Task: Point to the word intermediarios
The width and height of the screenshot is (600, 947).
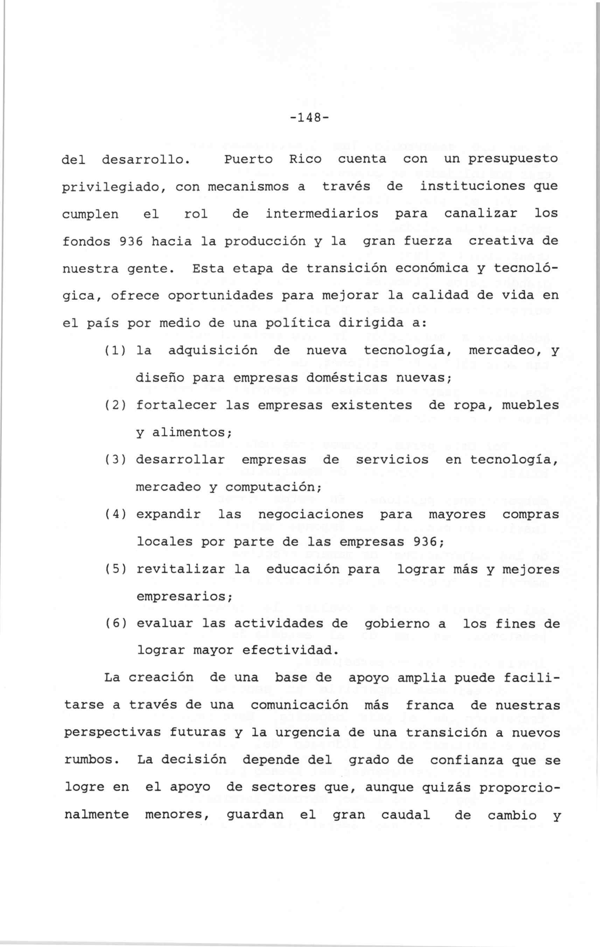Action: tap(322, 214)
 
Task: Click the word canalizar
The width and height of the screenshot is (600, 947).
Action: tap(480, 214)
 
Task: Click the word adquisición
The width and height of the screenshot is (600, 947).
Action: tap(212, 351)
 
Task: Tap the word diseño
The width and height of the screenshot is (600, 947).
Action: tap(160, 378)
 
